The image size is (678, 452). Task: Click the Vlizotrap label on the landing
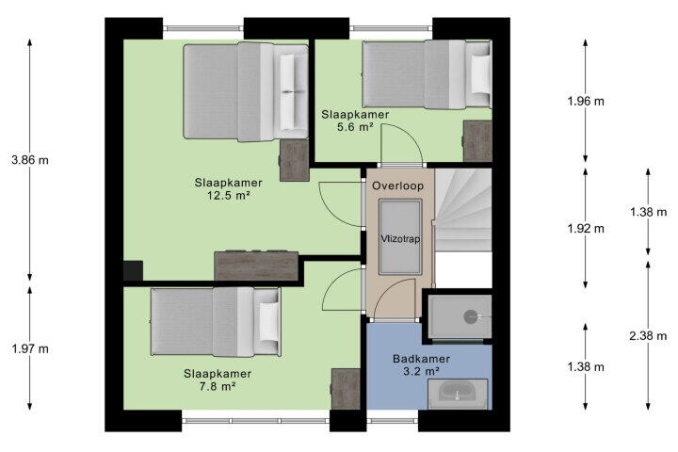(x=400, y=239)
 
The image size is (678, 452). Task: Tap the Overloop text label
(x=397, y=186)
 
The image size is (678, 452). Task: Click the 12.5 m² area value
(x=229, y=196)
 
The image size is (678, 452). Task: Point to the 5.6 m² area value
(x=355, y=127)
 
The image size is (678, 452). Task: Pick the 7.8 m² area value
(x=218, y=386)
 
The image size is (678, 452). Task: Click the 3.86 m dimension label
(x=30, y=160)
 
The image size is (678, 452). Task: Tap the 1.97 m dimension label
(x=30, y=348)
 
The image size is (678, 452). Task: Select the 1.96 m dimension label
(x=586, y=101)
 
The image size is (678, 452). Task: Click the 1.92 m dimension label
(x=586, y=229)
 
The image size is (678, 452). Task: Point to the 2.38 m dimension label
(x=648, y=335)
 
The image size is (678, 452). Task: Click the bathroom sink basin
(x=458, y=392)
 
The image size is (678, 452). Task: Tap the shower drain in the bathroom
(x=471, y=317)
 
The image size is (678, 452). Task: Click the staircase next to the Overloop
(x=463, y=210)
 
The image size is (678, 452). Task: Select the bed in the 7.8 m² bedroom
(x=216, y=322)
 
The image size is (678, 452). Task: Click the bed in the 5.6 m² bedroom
(x=428, y=74)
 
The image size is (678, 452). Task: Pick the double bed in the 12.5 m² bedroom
(x=246, y=91)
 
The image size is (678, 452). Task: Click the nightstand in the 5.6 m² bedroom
(x=477, y=141)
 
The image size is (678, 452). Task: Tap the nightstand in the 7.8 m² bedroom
(x=345, y=389)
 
